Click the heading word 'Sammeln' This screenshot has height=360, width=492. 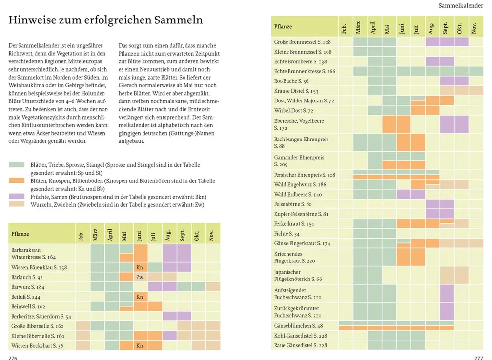[x=178, y=20]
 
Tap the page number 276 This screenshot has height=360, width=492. [x=13, y=358]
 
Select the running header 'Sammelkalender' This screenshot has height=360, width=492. [x=461, y=6]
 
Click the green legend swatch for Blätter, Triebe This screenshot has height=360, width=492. [x=17, y=165]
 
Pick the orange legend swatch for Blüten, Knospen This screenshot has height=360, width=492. [x=17, y=180]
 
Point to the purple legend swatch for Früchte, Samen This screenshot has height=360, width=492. [x=17, y=196]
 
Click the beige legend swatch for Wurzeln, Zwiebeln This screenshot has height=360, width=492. [x=17, y=204]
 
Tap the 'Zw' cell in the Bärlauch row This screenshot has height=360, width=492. [x=140, y=277]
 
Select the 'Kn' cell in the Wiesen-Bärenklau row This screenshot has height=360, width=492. [x=140, y=267]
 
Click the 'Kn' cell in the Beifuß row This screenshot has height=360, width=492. [x=140, y=297]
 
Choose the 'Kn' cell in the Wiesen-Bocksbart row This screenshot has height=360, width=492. [x=140, y=345]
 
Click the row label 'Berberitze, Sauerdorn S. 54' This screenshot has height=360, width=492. [x=41, y=317]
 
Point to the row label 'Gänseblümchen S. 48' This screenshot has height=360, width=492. [x=298, y=326]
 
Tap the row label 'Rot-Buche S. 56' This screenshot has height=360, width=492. [x=291, y=81]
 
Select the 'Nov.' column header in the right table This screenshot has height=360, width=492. [x=474, y=28]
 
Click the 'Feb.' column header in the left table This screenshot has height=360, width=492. [x=81, y=236]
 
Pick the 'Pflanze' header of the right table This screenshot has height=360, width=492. [x=283, y=27]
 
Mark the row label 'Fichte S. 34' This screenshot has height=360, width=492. [x=287, y=234]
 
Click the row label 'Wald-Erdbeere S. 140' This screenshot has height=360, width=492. [x=298, y=195]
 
